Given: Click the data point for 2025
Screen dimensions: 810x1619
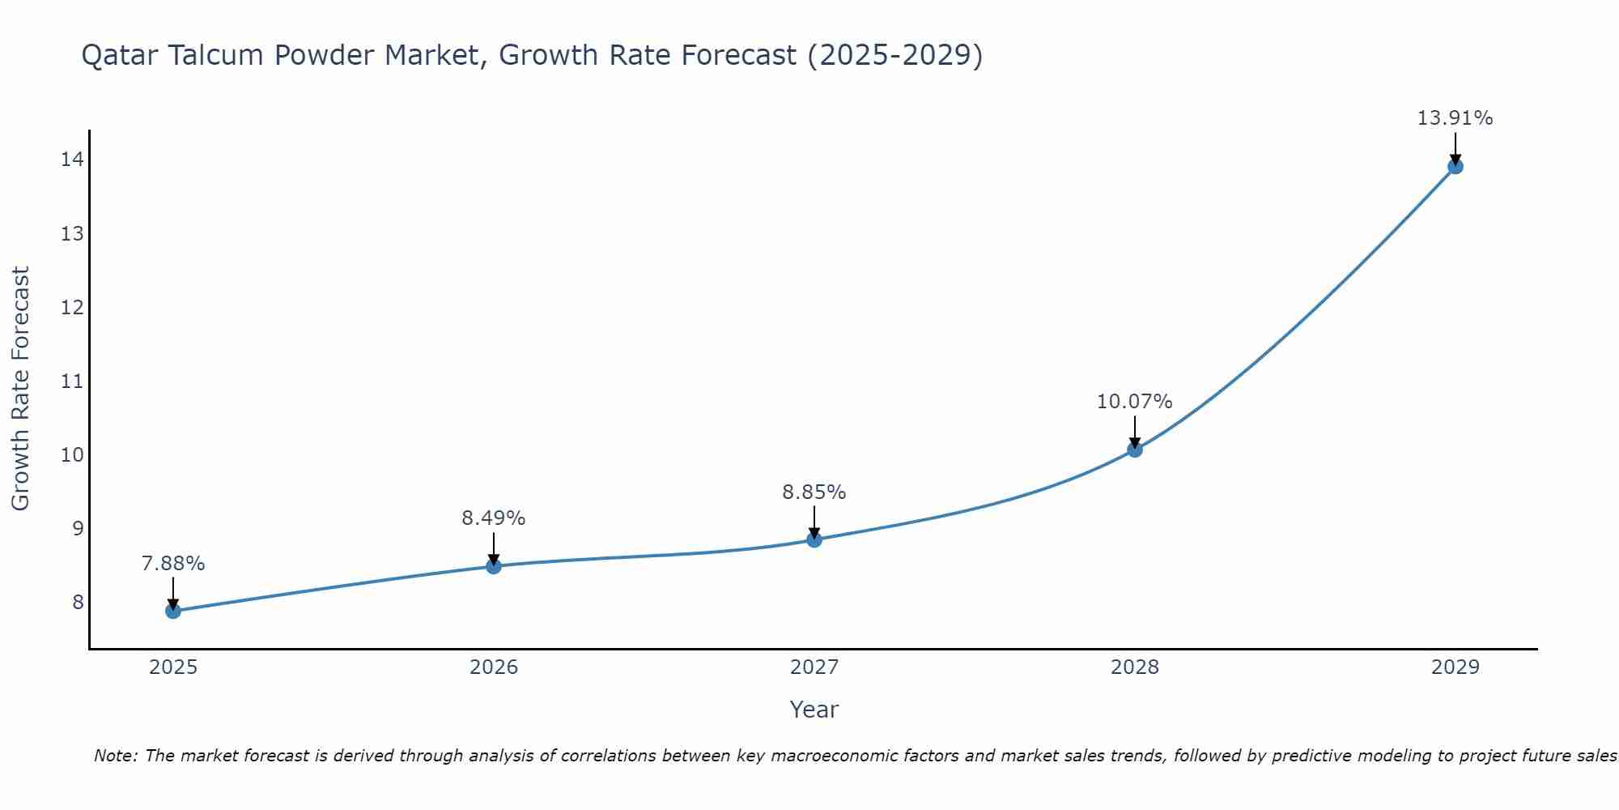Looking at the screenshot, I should tap(173, 611).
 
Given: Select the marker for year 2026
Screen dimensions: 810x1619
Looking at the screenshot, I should tap(494, 566).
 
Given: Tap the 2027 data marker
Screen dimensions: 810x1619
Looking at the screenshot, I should tap(814, 539).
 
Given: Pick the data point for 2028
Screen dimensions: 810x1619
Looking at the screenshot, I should tap(1135, 450).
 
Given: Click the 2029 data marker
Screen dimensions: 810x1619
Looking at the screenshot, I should tap(1455, 167).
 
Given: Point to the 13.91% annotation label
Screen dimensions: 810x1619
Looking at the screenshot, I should tap(1455, 118).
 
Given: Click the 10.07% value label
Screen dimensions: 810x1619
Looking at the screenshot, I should tap(1134, 402).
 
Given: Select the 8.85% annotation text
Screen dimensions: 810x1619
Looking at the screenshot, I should tap(814, 492).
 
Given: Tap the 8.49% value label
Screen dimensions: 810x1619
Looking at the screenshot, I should tap(493, 518).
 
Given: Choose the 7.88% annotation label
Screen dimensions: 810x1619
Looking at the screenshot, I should tap(173, 564).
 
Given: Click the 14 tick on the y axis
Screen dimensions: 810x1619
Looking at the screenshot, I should tap(71, 160).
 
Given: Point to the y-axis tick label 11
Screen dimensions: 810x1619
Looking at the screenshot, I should tap(71, 381).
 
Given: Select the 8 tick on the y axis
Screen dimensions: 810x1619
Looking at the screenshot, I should tap(77, 602).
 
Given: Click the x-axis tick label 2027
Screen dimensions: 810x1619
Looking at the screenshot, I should tap(814, 667).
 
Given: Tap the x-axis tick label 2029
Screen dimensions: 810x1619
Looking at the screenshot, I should tap(1455, 667).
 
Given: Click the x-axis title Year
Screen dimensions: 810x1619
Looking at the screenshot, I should tap(814, 710).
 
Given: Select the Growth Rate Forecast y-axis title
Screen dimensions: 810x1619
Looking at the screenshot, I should tap(21, 389).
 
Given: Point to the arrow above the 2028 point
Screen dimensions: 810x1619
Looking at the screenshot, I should tap(1135, 431).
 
